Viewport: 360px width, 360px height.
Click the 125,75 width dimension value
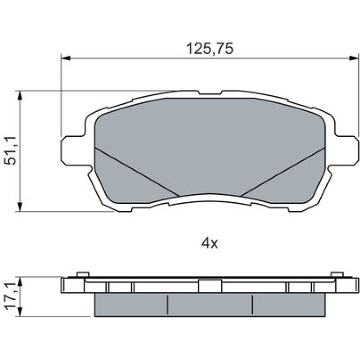pyautogui.click(x=209, y=49)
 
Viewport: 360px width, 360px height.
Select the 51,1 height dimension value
pyautogui.click(x=11, y=151)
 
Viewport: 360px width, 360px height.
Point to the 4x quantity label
pyautogui.click(x=209, y=244)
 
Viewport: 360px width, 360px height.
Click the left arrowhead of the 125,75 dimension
pyautogui.click(x=65, y=58)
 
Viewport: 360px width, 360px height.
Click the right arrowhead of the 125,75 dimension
pyautogui.click(x=354, y=58)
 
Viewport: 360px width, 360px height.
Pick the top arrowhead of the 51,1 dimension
pyautogui.click(x=20, y=95)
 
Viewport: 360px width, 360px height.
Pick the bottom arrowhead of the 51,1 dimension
pyautogui.click(x=20, y=207)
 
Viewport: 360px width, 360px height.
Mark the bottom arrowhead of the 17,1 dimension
pyautogui.click(x=20, y=312)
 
